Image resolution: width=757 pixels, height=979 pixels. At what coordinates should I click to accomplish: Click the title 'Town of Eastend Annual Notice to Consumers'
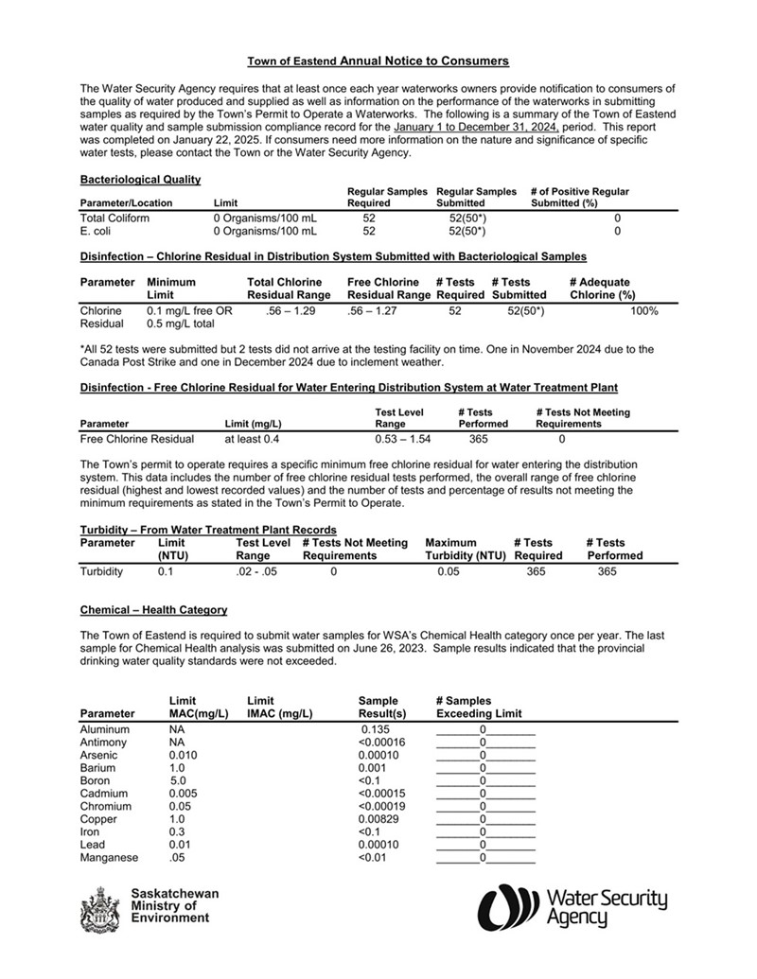click(x=378, y=61)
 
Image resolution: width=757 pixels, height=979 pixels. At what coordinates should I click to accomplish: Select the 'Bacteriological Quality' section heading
click(x=140, y=179)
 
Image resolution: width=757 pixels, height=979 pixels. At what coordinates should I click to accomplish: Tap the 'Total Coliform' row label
click(x=114, y=218)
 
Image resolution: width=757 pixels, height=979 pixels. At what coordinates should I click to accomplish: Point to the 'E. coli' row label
click(x=97, y=231)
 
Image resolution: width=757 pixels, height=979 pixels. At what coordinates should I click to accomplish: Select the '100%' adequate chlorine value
click(x=644, y=311)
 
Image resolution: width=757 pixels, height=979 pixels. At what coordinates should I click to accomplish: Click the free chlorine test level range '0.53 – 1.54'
click(x=402, y=439)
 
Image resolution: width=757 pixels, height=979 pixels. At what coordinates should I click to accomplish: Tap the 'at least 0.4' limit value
click(x=252, y=439)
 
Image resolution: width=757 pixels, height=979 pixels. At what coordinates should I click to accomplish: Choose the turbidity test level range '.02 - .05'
click(x=256, y=572)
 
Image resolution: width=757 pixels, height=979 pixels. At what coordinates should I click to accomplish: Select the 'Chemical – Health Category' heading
click(x=153, y=611)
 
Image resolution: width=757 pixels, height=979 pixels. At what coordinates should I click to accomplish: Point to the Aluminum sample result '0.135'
click(x=376, y=730)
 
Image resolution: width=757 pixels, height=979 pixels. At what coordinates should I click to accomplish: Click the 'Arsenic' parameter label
click(x=99, y=756)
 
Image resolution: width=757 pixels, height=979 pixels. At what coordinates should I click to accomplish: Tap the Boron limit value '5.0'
click(x=178, y=781)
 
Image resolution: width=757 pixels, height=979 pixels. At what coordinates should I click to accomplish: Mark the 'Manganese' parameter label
click(x=109, y=858)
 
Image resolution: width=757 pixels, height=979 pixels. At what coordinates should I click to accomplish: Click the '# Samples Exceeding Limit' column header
click(x=479, y=708)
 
